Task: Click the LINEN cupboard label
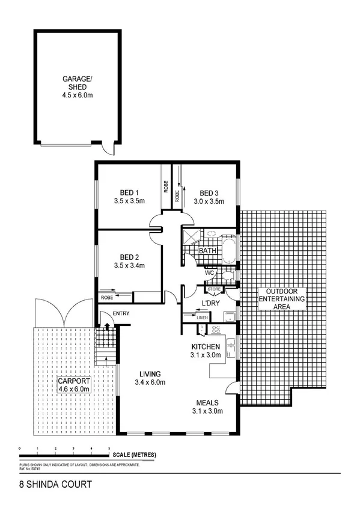pos(202,317)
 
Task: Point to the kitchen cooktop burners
pos(215,329)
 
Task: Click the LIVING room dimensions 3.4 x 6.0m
pos(150,382)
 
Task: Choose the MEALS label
pos(207,402)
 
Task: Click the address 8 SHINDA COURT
pos(47,482)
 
